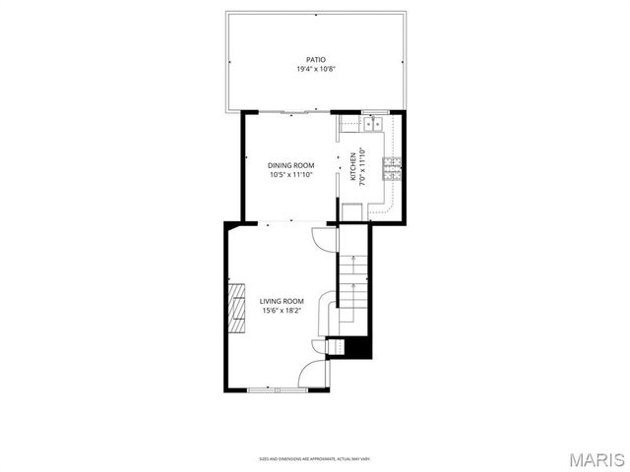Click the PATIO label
(314, 60)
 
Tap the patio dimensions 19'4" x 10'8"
(314, 70)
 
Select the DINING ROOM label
(290, 165)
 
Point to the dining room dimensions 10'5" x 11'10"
(290, 175)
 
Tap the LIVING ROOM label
(282, 301)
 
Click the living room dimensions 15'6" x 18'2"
(282, 311)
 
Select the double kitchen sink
(373, 124)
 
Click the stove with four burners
(392, 168)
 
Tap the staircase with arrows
(352, 285)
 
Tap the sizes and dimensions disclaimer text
(314, 458)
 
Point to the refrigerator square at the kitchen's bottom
(352, 212)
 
